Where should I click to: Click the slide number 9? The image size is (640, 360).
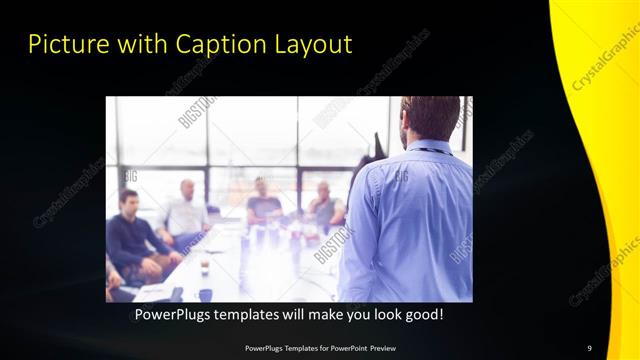point(590,347)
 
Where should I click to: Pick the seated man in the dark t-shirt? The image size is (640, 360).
point(263,204)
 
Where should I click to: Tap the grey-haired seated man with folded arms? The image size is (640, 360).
point(325,205)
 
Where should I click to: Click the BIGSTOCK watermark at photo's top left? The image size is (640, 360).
point(195,111)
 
